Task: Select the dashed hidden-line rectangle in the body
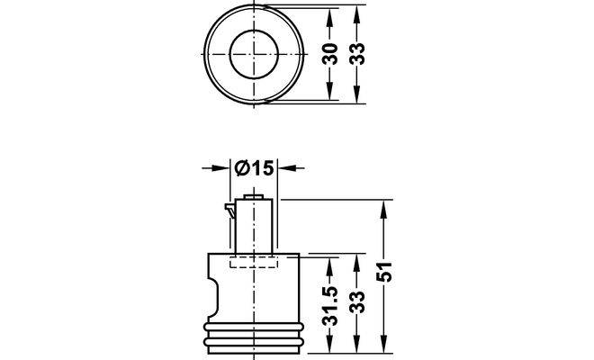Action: pyautogui.click(x=256, y=262)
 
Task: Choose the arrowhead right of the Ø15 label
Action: pyautogui.click(x=287, y=168)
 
